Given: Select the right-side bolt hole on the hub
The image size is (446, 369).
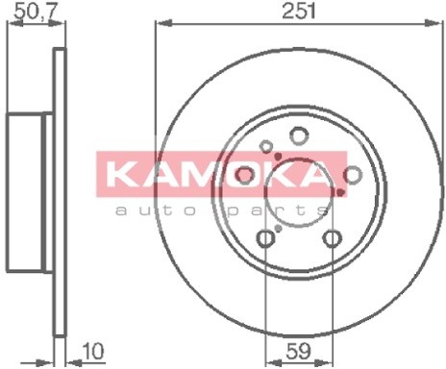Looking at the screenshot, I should (352, 173).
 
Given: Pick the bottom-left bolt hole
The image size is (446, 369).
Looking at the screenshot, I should (265, 237).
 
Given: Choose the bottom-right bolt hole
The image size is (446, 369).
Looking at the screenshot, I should (332, 237).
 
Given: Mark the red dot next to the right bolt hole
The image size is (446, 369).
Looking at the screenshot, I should (339, 190).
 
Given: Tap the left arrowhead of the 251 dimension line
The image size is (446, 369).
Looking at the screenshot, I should (160, 23).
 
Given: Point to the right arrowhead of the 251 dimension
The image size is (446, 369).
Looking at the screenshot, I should (435, 23).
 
